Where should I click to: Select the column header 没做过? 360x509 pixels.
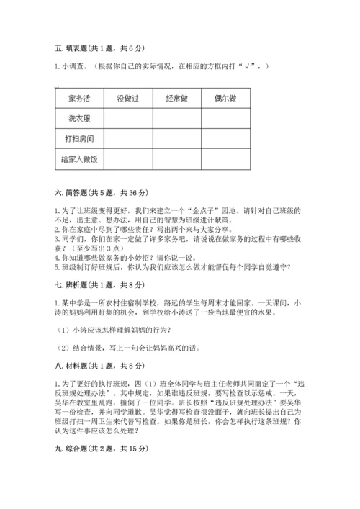coord(130,98)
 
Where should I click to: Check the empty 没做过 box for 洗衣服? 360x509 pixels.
coord(130,118)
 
